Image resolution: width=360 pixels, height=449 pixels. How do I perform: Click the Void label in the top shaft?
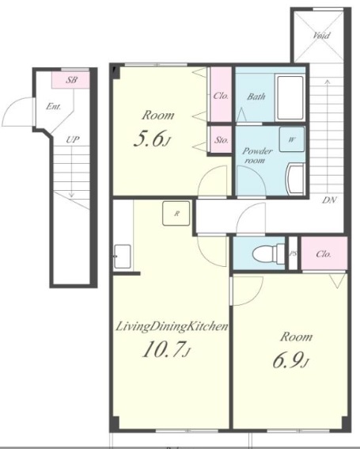(321, 35)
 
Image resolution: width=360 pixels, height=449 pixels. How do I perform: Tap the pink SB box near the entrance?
(70, 80)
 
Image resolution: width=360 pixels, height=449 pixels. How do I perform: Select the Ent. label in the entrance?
(54, 107)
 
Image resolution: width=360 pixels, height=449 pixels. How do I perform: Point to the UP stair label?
(73, 139)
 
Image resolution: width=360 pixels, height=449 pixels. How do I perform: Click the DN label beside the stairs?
(329, 200)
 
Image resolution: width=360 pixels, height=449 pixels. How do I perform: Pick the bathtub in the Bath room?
(290, 97)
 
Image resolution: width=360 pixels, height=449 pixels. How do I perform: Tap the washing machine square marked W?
(292, 139)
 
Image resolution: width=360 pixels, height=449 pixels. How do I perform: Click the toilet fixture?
(269, 253)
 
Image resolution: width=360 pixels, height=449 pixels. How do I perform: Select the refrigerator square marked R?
(176, 213)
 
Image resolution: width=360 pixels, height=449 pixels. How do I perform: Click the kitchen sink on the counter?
(123, 257)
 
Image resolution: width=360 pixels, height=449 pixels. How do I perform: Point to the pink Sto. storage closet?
(222, 139)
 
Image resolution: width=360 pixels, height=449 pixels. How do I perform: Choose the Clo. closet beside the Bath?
(221, 94)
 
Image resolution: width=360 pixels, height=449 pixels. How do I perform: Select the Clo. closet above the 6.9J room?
(324, 253)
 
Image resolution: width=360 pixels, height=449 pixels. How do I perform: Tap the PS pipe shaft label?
(293, 253)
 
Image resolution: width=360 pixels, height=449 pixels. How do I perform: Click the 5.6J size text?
(152, 139)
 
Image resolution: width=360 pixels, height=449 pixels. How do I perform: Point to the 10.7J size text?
(166, 350)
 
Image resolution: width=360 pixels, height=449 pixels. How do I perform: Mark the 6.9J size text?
(290, 360)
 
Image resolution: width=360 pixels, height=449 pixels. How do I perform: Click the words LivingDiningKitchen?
(172, 326)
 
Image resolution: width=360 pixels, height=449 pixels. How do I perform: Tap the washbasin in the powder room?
(295, 179)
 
